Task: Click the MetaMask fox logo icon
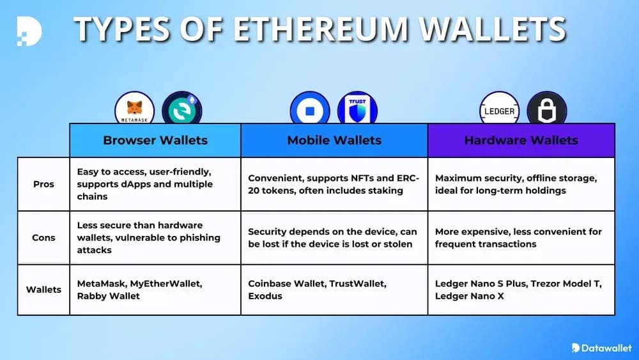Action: point(135,108)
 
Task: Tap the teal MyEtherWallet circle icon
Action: point(182,108)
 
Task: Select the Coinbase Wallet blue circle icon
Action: point(310,109)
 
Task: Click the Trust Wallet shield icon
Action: point(357,109)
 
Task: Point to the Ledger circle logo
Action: point(499,110)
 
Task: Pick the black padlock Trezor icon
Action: point(546,110)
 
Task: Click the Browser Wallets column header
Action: point(155,140)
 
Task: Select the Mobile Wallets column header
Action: point(334,140)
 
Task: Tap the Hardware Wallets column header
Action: point(521,140)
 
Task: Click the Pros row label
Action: point(43,184)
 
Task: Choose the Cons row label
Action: point(43,237)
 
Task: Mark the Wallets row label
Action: point(43,289)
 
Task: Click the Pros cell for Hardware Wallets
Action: point(521,184)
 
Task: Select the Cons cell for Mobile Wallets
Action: point(334,237)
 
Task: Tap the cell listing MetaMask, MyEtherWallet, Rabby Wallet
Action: point(155,289)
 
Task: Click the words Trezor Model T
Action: point(567,283)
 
